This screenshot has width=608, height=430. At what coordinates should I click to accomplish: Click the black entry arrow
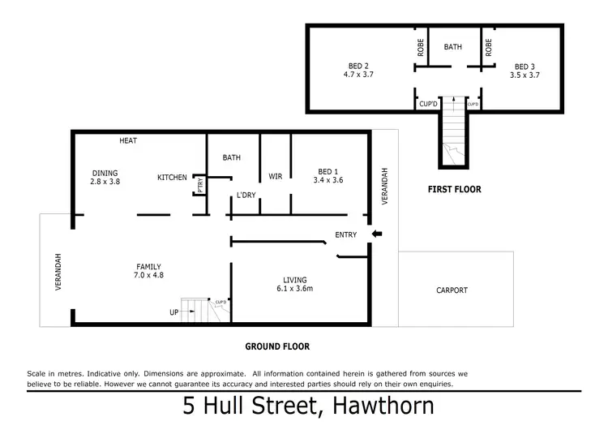click(377, 235)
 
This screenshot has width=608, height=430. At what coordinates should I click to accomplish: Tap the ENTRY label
click(346, 235)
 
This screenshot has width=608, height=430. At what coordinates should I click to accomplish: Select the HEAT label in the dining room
click(128, 141)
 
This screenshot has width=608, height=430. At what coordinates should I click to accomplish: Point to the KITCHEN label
click(173, 178)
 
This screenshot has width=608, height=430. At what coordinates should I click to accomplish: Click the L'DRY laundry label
click(246, 195)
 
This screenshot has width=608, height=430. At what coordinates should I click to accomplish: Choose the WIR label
click(274, 174)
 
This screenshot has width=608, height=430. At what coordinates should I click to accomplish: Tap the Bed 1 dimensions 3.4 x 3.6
click(328, 181)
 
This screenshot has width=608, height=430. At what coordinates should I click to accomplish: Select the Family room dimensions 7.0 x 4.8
click(148, 276)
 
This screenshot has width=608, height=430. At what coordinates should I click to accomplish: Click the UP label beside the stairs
click(173, 312)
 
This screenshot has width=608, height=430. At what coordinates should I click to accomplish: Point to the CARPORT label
click(452, 290)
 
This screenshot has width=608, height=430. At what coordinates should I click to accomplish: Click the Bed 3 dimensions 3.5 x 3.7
click(525, 75)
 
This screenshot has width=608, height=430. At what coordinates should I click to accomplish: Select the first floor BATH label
click(452, 47)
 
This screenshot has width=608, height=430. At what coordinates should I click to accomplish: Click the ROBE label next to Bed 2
click(419, 48)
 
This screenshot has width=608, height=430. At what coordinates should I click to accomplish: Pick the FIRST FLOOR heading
click(454, 190)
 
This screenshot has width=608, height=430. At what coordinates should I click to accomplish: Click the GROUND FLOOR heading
click(277, 346)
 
